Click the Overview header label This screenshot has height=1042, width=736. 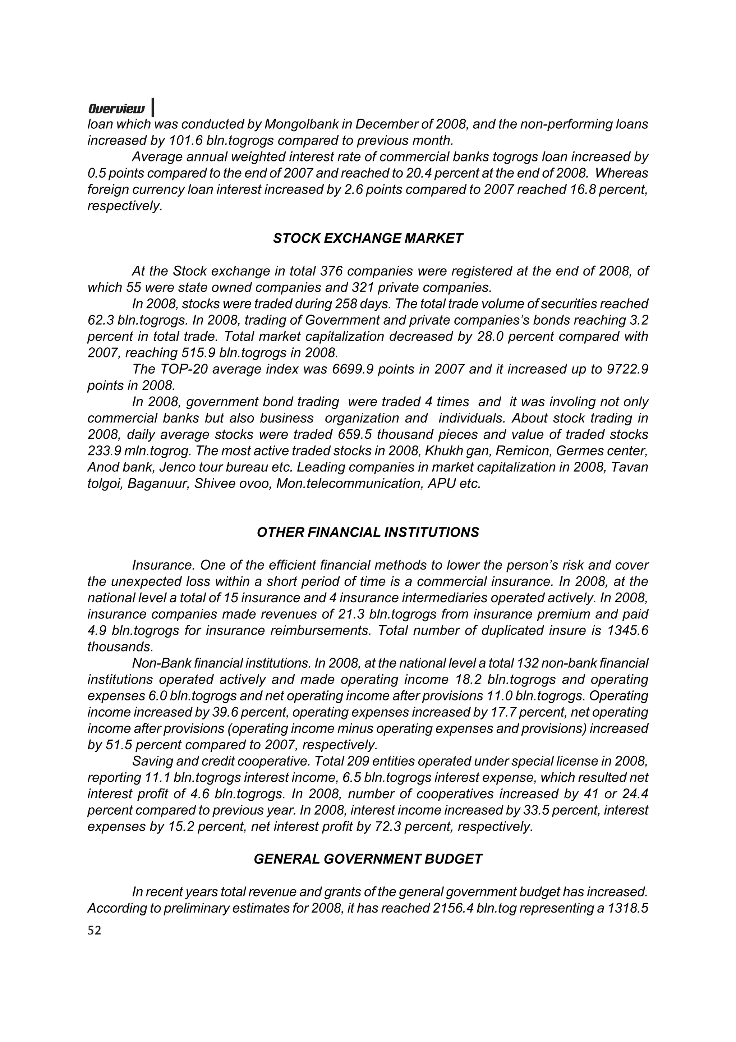[x=116, y=109]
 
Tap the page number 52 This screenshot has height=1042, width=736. [x=94, y=931]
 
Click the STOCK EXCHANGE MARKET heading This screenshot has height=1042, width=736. [x=368, y=239]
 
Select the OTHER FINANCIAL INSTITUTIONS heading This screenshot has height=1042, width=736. [x=368, y=533]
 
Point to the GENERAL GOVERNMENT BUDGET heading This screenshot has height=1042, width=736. [x=368, y=859]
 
